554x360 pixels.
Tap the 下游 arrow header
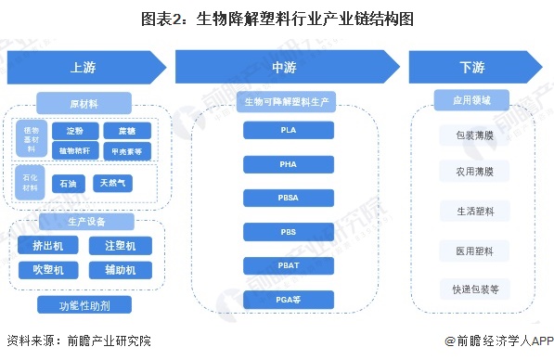470,68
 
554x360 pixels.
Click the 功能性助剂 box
84,304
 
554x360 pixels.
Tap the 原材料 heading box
84,101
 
